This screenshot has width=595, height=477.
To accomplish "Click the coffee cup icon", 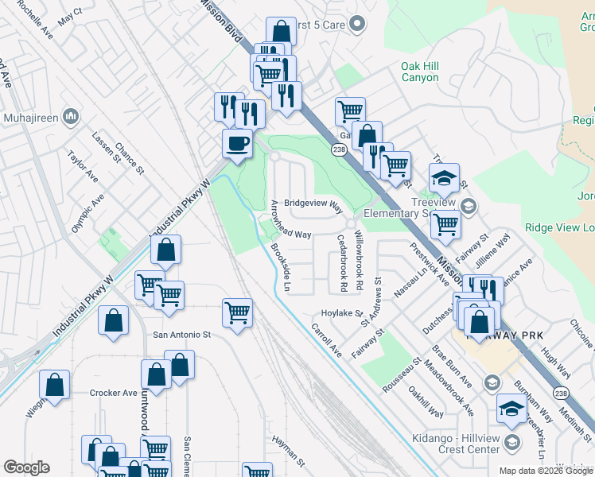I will (x=237, y=145).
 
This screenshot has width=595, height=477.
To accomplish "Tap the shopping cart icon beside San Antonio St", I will (x=237, y=314).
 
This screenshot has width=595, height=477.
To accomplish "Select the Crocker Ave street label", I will (x=114, y=393).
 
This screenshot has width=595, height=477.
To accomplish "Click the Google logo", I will (x=26, y=467).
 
